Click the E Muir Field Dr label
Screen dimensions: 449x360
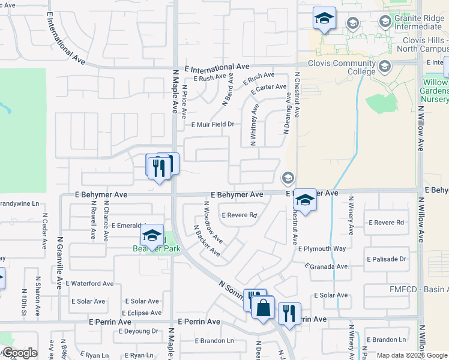pyautogui.click(x=211, y=125)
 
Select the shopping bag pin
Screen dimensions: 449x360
pyautogui.click(x=263, y=309)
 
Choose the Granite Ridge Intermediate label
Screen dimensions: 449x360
pyautogui.click(x=418, y=22)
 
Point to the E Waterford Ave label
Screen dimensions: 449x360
pyautogui.click(x=89, y=283)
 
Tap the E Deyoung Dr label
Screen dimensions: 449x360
pyautogui.click(x=137, y=331)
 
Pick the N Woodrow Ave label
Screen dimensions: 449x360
pyautogui.click(x=213, y=222)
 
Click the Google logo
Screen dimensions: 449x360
pyautogui.click(x=19, y=353)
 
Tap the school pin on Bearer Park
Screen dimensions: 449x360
pyautogui.click(x=152, y=235)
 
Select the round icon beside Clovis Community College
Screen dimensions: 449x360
pyautogui.click(x=384, y=65)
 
